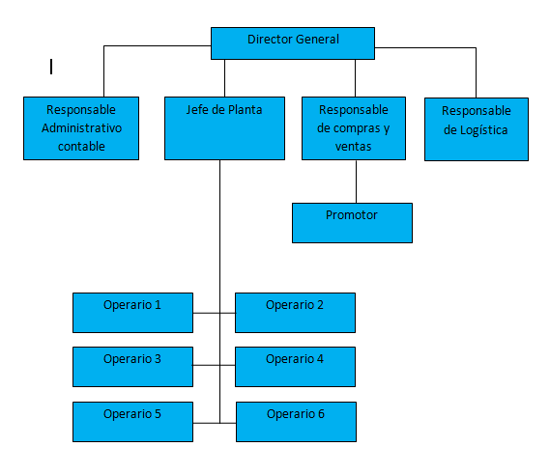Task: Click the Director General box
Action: (293, 43)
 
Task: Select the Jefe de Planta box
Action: (224, 128)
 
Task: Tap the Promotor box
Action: (352, 223)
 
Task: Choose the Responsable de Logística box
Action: (477, 129)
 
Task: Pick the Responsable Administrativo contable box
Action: (81, 128)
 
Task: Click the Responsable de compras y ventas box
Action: (354, 128)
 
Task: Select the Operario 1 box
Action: (133, 313)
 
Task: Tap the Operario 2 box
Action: (295, 313)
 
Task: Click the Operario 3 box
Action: (133, 367)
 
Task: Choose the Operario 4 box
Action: (295, 367)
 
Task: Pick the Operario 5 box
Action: (133, 422)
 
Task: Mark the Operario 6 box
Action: (296, 422)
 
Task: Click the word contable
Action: (81, 147)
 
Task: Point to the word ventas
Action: (353, 147)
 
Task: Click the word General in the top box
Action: (317, 40)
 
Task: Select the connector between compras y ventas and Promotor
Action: (356, 182)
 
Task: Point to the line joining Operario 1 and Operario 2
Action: (215, 313)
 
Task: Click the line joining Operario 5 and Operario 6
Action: (215, 423)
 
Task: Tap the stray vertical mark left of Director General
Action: (51, 67)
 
